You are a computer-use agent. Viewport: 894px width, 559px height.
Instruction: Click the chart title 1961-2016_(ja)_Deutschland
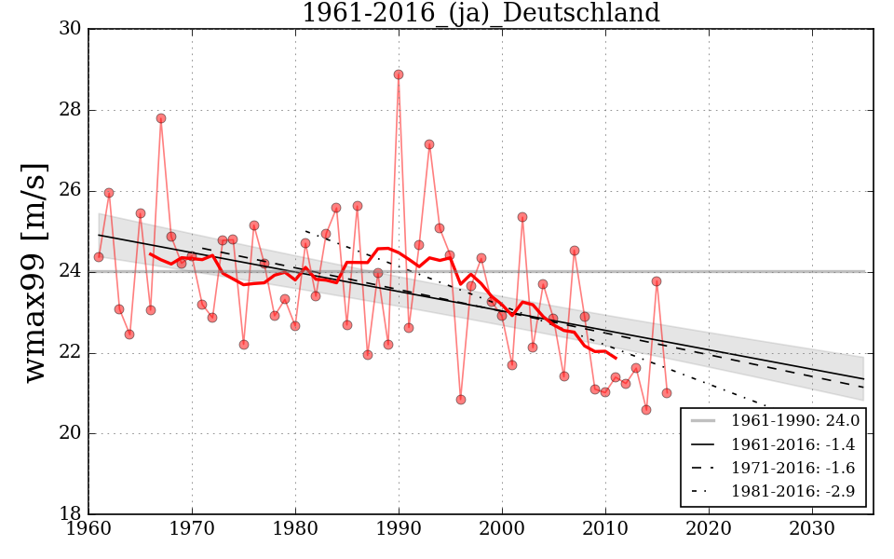[x=481, y=13]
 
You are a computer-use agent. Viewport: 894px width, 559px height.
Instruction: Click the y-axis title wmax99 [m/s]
[x=34, y=271]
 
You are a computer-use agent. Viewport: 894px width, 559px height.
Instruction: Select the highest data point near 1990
[x=399, y=75]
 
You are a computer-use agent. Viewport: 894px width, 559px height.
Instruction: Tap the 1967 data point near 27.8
[x=161, y=118]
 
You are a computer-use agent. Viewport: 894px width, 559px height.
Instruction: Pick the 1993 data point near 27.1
[x=429, y=144]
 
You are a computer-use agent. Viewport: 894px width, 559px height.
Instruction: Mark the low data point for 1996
[x=461, y=400]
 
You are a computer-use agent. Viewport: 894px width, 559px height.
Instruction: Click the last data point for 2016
[x=667, y=393]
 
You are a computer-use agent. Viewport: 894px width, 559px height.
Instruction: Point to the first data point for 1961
[x=99, y=257]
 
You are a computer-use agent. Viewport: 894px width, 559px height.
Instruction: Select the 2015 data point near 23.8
[x=657, y=281]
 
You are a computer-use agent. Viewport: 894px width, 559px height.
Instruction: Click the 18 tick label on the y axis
[x=70, y=514]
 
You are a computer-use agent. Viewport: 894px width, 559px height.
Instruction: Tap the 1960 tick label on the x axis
[x=89, y=528]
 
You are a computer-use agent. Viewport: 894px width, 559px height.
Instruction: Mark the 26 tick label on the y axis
[x=70, y=191]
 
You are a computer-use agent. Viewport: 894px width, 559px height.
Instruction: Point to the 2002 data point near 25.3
[x=522, y=217]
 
